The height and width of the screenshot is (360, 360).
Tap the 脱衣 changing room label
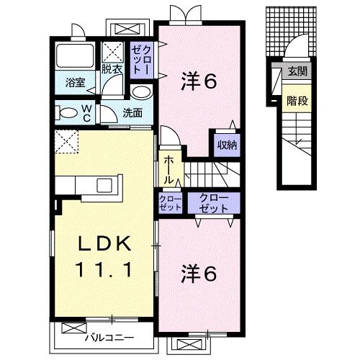pos(112,70)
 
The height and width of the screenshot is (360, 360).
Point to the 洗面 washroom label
pos(132,113)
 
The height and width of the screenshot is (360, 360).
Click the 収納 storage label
pos(228,143)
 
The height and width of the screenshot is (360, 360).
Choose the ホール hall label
pos(167,168)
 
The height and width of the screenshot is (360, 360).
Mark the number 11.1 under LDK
pos(105,271)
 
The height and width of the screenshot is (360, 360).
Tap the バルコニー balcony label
pos(107,337)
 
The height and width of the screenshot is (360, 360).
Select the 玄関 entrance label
pos(297,72)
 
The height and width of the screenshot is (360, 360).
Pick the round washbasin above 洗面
pos(141,92)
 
